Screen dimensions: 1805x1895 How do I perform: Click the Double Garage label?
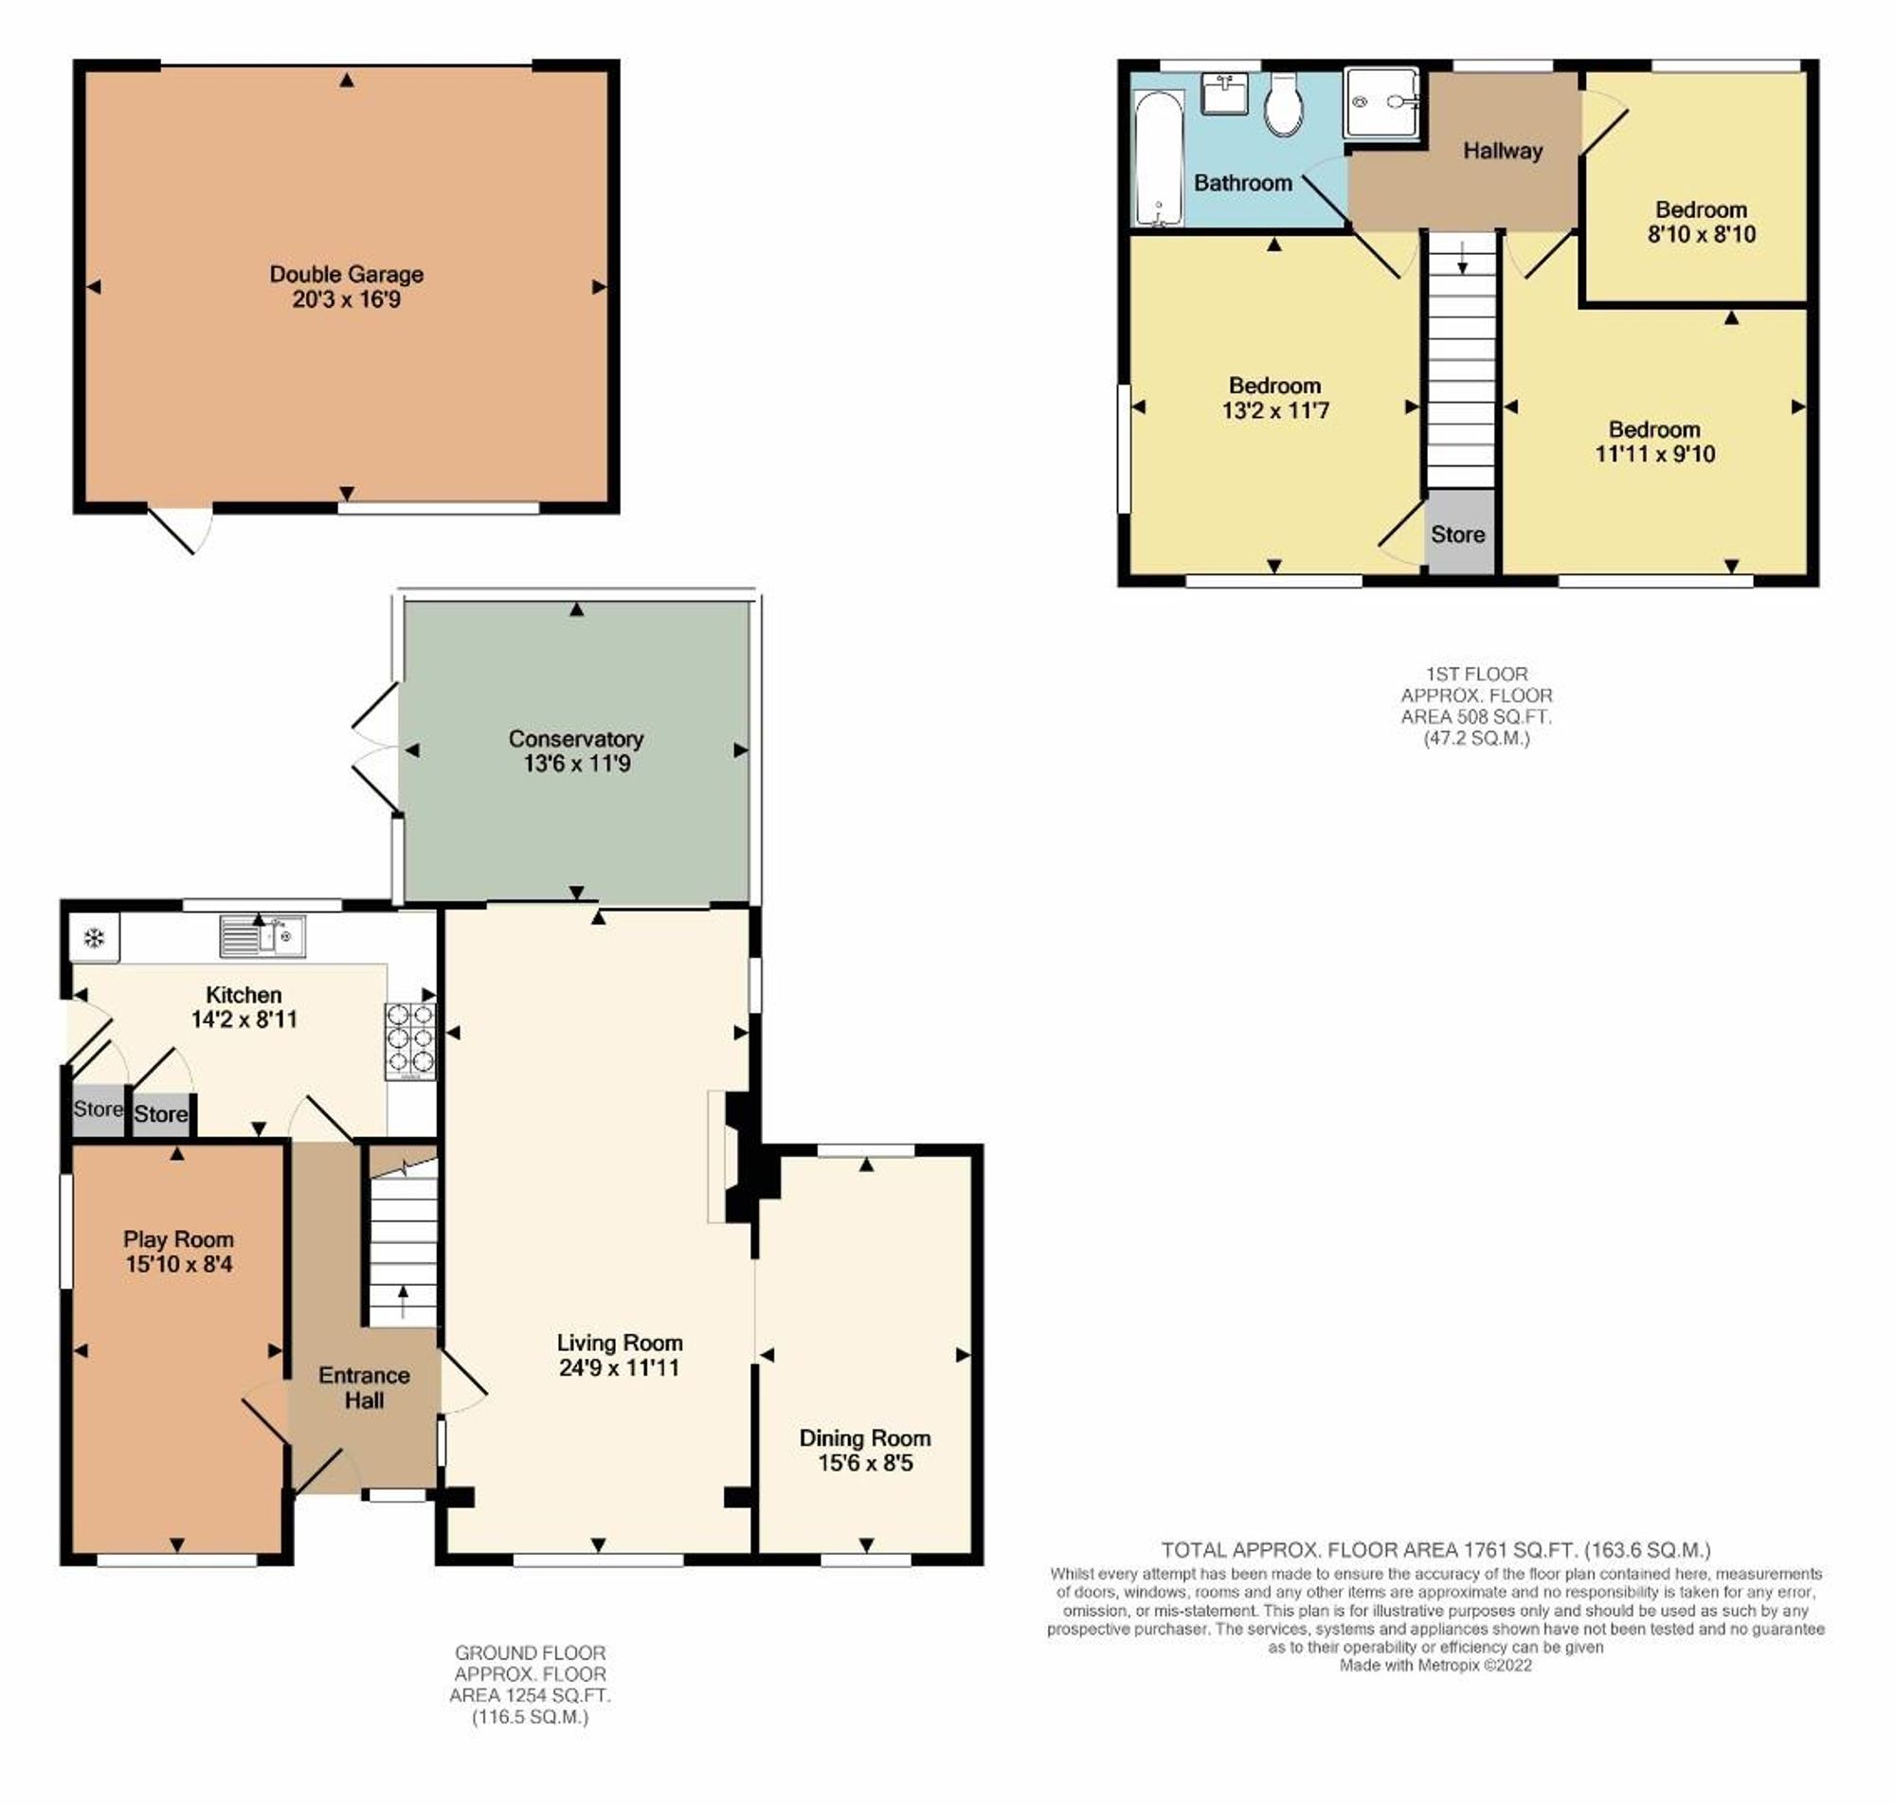point(346,274)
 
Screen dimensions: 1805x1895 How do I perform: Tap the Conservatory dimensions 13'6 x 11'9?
point(576,763)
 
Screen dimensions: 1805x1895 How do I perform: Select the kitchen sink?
point(262,936)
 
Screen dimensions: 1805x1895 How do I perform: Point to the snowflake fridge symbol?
point(94,938)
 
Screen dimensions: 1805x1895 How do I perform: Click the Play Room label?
point(178,1239)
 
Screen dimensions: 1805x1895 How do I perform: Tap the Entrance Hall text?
point(364,1387)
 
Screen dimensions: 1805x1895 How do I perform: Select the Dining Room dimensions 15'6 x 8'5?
point(865,1464)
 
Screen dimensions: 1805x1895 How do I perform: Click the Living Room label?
point(620,1343)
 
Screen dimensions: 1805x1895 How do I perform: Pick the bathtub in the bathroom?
point(1158,159)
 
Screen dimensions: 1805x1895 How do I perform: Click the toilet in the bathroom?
point(1283,105)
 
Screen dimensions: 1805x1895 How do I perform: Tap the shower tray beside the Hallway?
point(1381,102)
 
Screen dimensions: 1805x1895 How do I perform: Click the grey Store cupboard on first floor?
point(1458,534)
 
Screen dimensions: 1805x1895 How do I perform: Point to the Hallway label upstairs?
point(1503,150)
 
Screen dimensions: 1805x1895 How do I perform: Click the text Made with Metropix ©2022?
point(1435,1665)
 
